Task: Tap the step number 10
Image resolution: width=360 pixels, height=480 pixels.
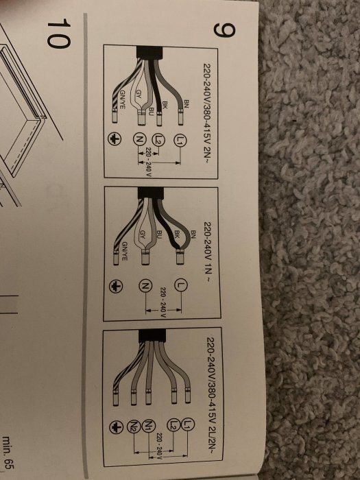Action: pyautogui.click(x=58, y=33)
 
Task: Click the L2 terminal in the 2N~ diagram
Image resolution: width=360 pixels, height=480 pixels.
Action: pyautogui.click(x=158, y=140)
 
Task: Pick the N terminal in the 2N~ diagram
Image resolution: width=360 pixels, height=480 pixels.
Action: pyautogui.click(x=139, y=140)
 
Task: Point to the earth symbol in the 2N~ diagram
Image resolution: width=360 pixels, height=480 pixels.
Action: pyautogui.click(x=115, y=139)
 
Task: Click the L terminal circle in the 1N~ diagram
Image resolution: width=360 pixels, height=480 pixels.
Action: pyautogui.click(x=180, y=285)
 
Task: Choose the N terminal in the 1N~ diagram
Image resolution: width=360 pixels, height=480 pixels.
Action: pyautogui.click(x=145, y=286)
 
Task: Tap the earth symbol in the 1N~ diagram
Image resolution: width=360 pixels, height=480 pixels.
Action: pyautogui.click(x=116, y=287)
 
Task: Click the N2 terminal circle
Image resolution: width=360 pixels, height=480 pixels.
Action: pyautogui.click(x=134, y=426)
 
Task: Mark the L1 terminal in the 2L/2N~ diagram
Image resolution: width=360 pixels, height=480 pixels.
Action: pyautogui.click(x=188, y=424)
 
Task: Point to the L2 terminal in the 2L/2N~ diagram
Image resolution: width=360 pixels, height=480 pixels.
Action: pyautogui.click(x=173, y=424)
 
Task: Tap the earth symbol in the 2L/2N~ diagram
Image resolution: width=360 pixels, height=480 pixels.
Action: pyautogui.click(x=117, y=427)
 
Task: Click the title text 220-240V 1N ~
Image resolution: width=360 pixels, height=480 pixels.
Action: pyautogui.click(x=208, y=252)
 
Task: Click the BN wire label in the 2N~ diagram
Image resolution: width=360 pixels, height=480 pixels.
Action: pyautogui.click(x=187, y=104)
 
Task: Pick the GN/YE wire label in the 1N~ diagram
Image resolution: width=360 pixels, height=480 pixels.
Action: pyautogui.click(x=125, y=251)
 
